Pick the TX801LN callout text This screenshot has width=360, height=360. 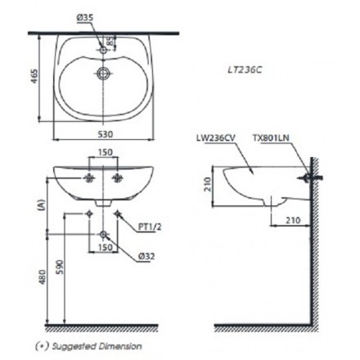(272, 140)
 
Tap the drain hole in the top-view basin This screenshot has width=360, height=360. (102, 73)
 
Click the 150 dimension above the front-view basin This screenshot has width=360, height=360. (103, 152)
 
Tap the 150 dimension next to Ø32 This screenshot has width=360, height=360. (105, 245)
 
